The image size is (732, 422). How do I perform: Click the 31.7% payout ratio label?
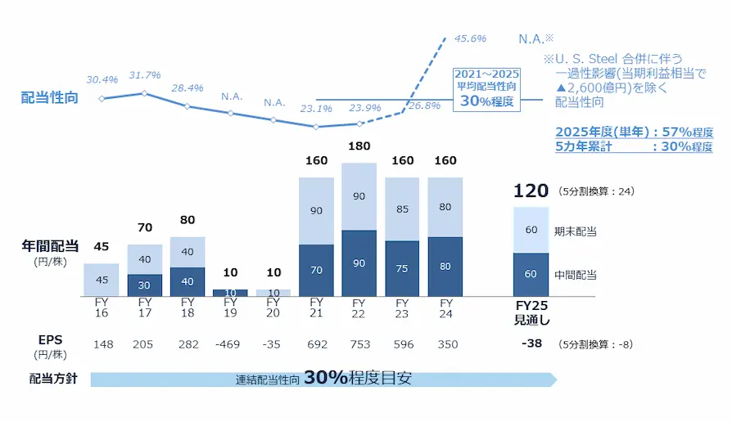(144, 76)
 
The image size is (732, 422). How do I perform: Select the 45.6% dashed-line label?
(471, 38)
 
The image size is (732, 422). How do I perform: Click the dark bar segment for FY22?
(359, 263)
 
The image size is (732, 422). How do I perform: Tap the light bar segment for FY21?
(316, 211)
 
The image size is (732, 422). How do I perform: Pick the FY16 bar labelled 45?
(102, 280)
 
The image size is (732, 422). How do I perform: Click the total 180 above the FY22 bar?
(359, 146)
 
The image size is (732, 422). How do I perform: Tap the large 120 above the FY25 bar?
(531, 191)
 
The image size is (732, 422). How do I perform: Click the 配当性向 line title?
(46, 98)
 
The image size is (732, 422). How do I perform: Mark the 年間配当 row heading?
(50, 245)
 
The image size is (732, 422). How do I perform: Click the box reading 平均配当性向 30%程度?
(487, 88)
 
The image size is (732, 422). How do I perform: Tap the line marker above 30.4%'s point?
(102, 99)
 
